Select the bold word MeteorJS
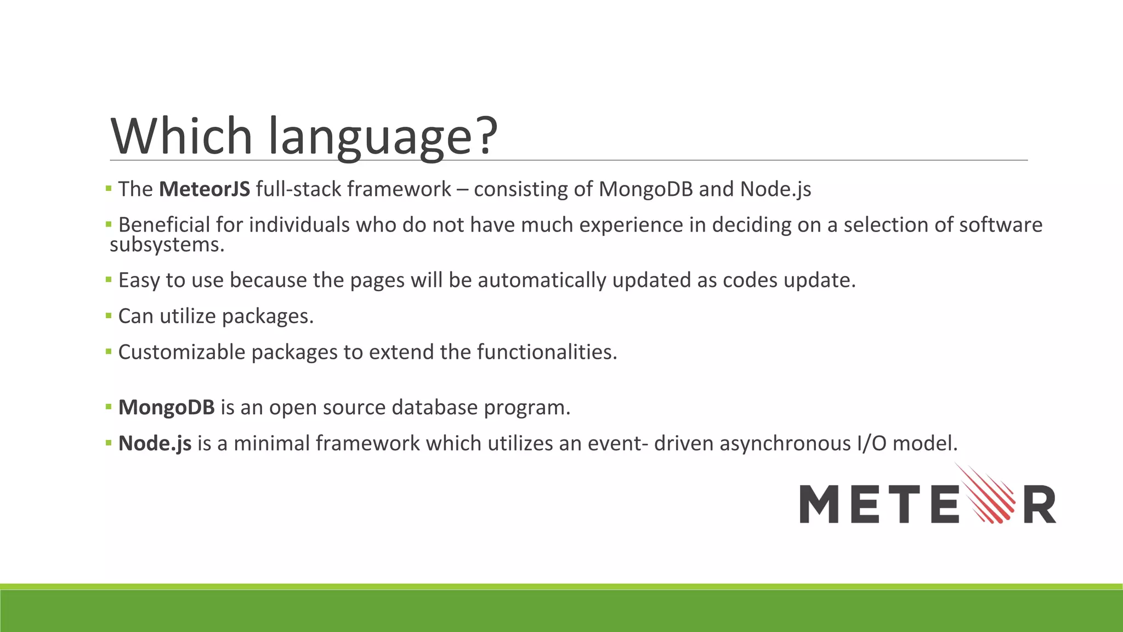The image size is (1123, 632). [x=205, y=189]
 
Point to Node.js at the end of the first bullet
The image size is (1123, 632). [x=775, y=189]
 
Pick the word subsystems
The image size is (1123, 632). [x=167, y=245]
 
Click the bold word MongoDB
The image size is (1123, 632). [x=166, y=408]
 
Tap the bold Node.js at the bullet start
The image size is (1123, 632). [x=155, y=443]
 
